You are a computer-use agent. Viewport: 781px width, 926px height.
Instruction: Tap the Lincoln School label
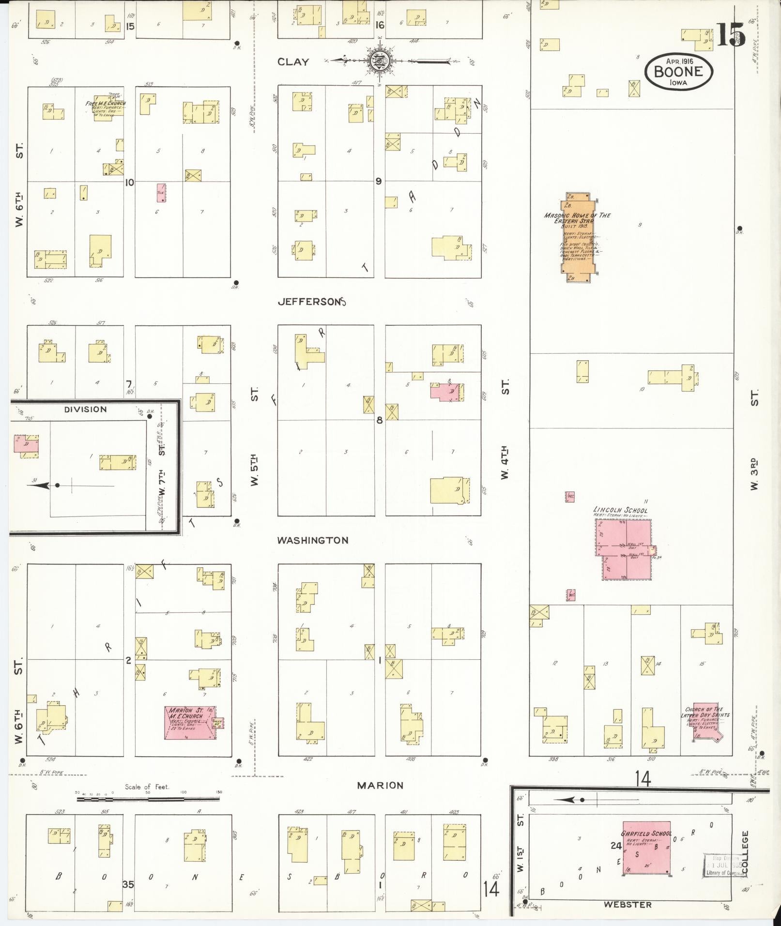click(x=620, y=510)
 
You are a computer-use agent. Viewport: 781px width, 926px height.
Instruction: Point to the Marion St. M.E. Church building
click(x=189, y=723)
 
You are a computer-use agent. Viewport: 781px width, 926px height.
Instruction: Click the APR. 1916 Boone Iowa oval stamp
click(x=679, y=71)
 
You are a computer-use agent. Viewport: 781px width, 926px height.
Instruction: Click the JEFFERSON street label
click(x=312, y=302)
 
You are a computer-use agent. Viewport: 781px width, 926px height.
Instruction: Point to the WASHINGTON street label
click(x=312, y=540)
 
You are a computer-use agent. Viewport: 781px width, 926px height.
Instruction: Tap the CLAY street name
click(x=293, y=61)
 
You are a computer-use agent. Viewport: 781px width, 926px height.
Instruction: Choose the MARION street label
click(x=380, y=785)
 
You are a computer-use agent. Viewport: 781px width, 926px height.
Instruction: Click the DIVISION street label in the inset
click(x=85, y=409)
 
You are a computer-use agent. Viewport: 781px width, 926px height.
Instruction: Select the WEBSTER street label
click(x=627, y=904)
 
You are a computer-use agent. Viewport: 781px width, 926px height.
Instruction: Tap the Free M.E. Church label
click(x=106, y=103)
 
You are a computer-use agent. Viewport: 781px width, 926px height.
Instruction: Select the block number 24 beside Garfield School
click(x=616, y=846)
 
